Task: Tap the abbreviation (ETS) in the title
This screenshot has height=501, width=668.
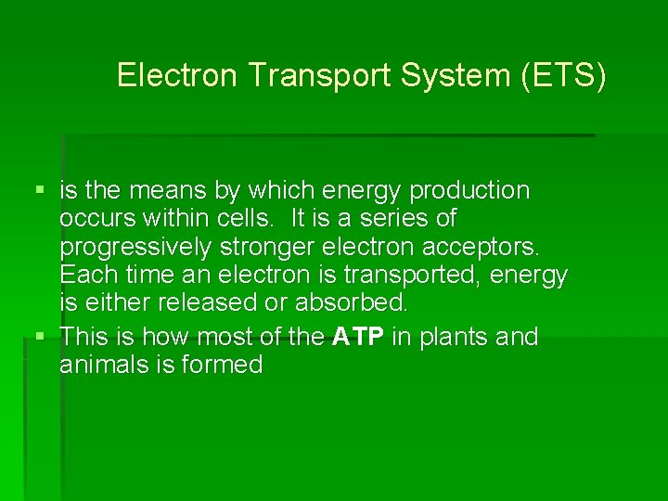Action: pyautogui.click(x=564, y=76)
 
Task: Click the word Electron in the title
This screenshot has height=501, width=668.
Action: pyautogui.click(x=178, y=76)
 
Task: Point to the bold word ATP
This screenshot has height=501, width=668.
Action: pyautogui.click(x=357, y=336)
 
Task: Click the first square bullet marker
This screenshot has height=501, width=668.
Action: pyautogui.click(x=38, y=191)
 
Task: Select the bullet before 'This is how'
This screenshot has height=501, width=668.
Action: pyautogui.click(x=38, y=336)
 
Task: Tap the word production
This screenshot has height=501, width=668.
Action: pyautogui.click(x=469, y=191)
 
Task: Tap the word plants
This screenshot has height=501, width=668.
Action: pyautogui.click(x=452, y=336)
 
